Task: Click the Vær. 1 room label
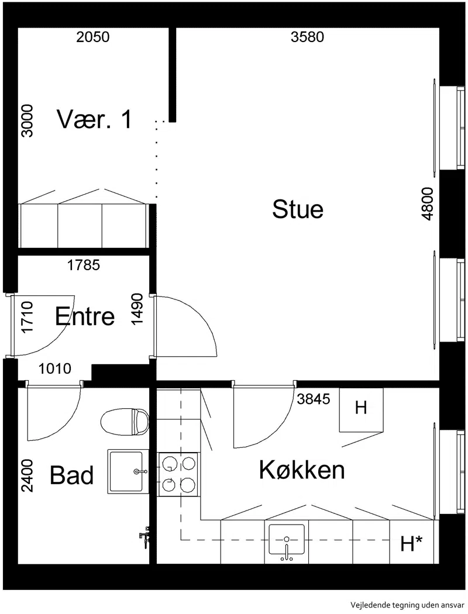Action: click(94, 119)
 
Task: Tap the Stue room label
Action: click(298, 209)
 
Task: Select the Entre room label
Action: click(85, 316)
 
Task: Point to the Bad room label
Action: click(72, 475)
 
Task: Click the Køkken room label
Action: click(302, 470)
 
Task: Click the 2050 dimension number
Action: click(93, 37)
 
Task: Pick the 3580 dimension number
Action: click(308, 37)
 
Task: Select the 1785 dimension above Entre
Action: click(84, 265)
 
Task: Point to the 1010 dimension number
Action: click(55, 368)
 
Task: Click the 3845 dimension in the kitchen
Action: click(314, 399)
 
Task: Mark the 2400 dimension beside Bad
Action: click(27, 475)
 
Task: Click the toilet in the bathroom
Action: click(125, 422)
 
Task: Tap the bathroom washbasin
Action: click(128, 471)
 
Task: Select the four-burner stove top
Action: click(178, 474)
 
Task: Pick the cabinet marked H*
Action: click(412, 542)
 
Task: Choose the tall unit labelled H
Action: click(361, 409)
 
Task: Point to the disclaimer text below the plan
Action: click(408, 605)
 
